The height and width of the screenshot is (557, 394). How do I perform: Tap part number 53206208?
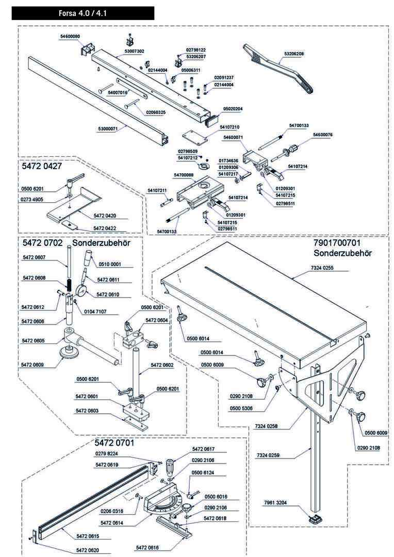tap(294, 54)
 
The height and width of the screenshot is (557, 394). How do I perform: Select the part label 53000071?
tap(108, 129)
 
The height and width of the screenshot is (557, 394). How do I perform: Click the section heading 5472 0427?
tap(42, 167)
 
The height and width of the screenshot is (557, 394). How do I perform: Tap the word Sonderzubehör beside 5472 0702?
tap(101, 242)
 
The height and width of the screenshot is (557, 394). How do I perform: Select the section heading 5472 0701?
tap(114, 443)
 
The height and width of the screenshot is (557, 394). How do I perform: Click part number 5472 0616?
tap(147, 547)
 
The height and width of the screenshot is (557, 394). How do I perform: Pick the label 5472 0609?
tap(33, 364)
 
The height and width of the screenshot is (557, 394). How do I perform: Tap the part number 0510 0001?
tap(108, 264)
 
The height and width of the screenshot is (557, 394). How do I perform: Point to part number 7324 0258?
tap(265, 426)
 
